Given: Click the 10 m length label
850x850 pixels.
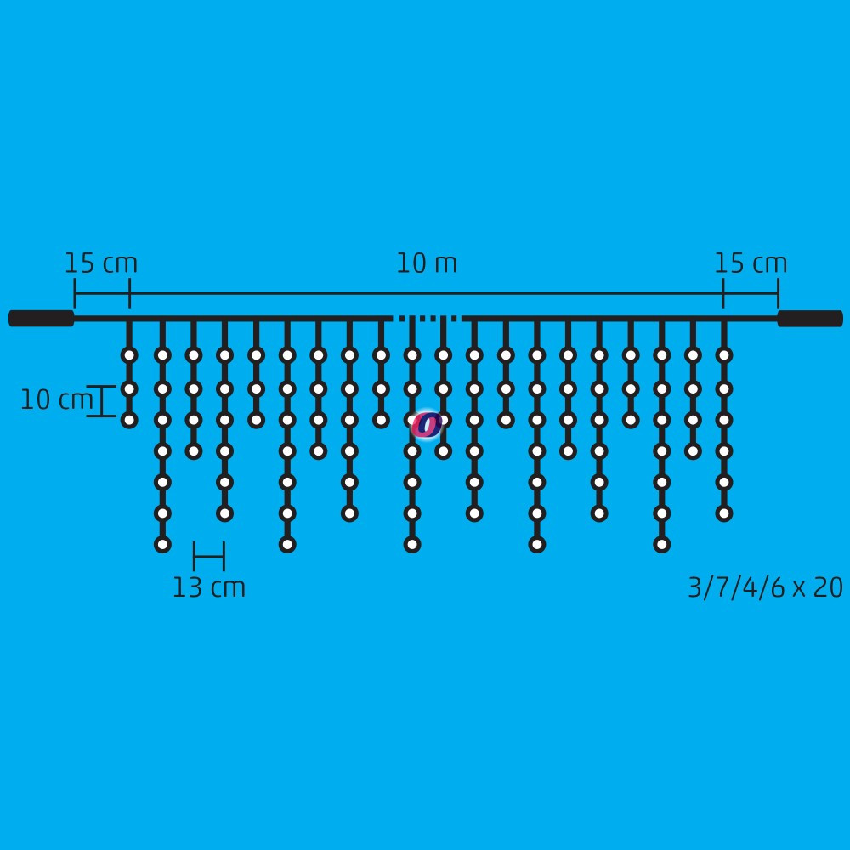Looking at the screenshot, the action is [x=427, y=263].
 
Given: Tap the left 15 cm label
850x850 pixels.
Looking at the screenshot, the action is [x=101, y=263].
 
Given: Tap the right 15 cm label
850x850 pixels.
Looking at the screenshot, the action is [x=751, y=263].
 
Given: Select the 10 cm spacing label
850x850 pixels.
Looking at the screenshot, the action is [x=56, y=400].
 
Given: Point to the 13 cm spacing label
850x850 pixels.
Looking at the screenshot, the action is [x=209, y=587].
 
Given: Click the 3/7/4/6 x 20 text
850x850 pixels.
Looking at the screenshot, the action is [x=766, y=587].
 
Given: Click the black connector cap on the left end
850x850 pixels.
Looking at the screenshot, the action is [x=41, y=319].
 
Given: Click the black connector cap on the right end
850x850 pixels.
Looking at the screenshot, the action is [x=810, y=319].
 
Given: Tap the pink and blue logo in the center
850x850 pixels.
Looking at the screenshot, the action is [x=427, y=425].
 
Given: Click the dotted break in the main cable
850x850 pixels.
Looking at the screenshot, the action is [x=426, y=319].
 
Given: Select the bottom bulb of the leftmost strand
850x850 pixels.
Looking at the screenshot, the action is [x=129, y=420].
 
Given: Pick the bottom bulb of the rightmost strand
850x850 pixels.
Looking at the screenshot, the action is [x=724, y=513].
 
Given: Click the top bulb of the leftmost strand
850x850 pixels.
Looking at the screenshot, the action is [x=129, y=355].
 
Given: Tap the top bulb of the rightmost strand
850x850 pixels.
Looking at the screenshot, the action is [x=724, y=355].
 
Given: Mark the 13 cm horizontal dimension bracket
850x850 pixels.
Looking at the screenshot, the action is [x=209, y=556].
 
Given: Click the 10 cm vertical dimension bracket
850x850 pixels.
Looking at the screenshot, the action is [x=102, y=401].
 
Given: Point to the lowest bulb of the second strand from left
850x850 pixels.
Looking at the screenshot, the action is [x=162, y=544].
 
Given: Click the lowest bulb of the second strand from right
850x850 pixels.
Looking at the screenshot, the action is [x=694, y=451].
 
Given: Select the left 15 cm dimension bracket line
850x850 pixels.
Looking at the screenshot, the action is [x=102, y=294].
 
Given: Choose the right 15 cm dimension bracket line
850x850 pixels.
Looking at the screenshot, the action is [x=751, y=294].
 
